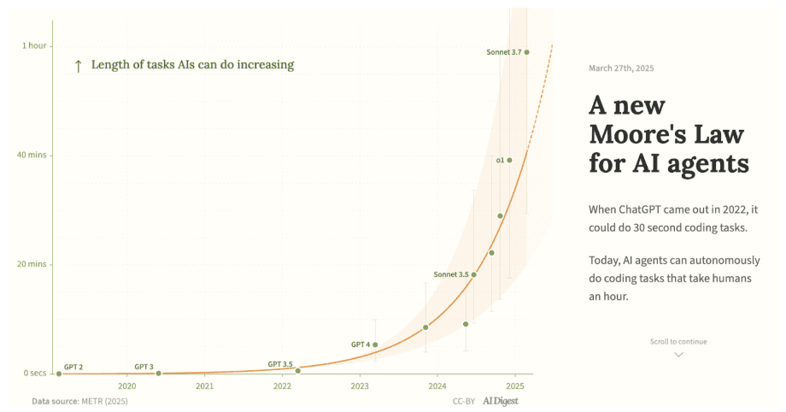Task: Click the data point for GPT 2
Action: (x=59, y=374)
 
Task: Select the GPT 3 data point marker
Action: (x=158, y=374)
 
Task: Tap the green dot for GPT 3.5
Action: (x=297, y=370)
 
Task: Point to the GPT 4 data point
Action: (x=375, y=344)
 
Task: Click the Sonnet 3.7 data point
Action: (x=527, y=52)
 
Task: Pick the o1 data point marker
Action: (x=510, y=160)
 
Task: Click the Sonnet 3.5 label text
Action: (x=451, y=274)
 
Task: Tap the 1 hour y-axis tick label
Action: (x=34, y=45)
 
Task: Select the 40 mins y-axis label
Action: (x=32, y=155)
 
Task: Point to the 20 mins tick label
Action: (x=32, y=264)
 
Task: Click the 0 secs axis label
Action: (x=34, y=374)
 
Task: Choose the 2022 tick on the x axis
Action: (x=282, y=386)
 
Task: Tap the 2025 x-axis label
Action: (x=514, y=386)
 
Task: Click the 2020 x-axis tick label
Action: (x=126, y=386)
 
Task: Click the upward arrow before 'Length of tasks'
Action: (x=79, y=65)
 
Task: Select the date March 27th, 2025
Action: (x=622, y=68)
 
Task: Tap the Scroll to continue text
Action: (x=678, y=342)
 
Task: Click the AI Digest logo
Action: (x=501, y=401)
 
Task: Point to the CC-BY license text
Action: (x=464, y=401)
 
